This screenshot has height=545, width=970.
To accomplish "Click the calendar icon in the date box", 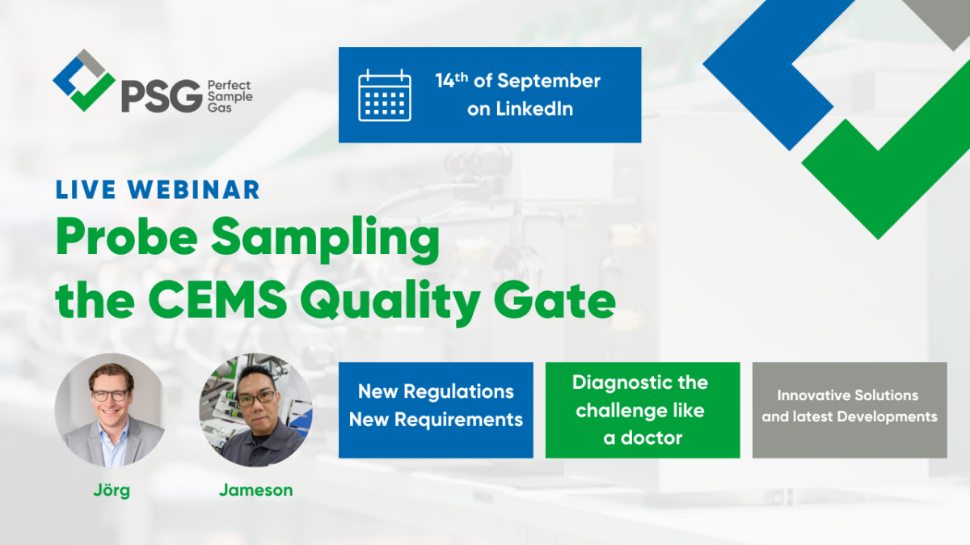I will (385, 95).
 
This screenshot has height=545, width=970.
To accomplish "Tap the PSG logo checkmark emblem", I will (83, 80).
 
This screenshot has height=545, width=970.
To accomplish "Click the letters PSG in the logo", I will (161, 96).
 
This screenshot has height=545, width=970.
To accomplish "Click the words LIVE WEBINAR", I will (158, 189).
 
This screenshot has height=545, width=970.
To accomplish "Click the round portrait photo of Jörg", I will (110, 410).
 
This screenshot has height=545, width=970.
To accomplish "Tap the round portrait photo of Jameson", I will (255, 410).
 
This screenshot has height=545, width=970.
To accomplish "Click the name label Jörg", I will (110, 490).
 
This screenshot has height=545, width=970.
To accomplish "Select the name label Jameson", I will (255, 490).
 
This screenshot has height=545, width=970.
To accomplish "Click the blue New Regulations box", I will (436, 410).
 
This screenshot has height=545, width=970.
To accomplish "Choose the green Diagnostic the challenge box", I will (643, 410).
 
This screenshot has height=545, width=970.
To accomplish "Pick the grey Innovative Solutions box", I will (850, 410).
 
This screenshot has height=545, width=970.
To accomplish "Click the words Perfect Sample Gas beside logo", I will (230, 96).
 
